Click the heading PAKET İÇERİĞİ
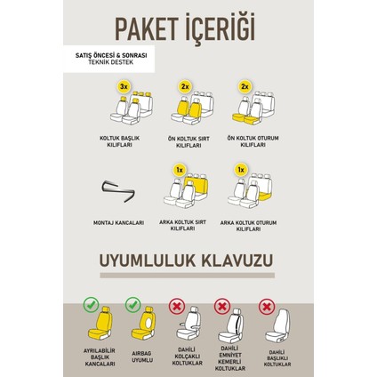point(188,25)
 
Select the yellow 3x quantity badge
point(125,87)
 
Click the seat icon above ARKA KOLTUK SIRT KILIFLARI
point(188,188)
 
